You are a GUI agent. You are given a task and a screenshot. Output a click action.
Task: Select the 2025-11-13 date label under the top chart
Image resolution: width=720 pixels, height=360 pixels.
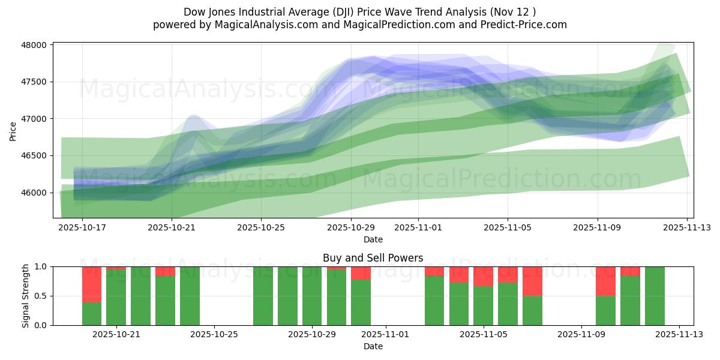tap(686, 227)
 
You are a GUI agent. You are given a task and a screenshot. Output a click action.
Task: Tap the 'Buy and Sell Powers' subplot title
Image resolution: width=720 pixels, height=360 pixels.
tap(373, 258)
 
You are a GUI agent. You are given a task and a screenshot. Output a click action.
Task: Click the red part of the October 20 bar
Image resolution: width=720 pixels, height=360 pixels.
tap(92, 284)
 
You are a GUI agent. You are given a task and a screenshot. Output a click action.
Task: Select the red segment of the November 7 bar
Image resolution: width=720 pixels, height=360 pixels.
tap(532, 281)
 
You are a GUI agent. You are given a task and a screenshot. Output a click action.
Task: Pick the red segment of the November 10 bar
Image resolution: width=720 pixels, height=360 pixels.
tap(605, 281)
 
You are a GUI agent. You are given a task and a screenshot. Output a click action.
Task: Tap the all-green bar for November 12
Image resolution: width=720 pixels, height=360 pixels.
tap(655, 296)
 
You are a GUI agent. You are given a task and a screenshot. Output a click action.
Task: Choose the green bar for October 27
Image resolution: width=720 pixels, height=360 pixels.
tap(263, 296)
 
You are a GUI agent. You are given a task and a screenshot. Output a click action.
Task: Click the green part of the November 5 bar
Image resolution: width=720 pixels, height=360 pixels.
tap(483, 306)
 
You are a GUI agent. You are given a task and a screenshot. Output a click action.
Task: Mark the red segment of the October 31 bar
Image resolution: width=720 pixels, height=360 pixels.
tap(361, 273)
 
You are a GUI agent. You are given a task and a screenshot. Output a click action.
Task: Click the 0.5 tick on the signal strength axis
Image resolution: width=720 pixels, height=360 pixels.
tap(43, 296)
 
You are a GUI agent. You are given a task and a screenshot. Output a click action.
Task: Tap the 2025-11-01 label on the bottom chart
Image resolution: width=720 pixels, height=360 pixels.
tap(385, 335)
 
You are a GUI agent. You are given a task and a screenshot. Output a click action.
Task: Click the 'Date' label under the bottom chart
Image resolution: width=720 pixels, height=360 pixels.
tap(373, 346)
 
